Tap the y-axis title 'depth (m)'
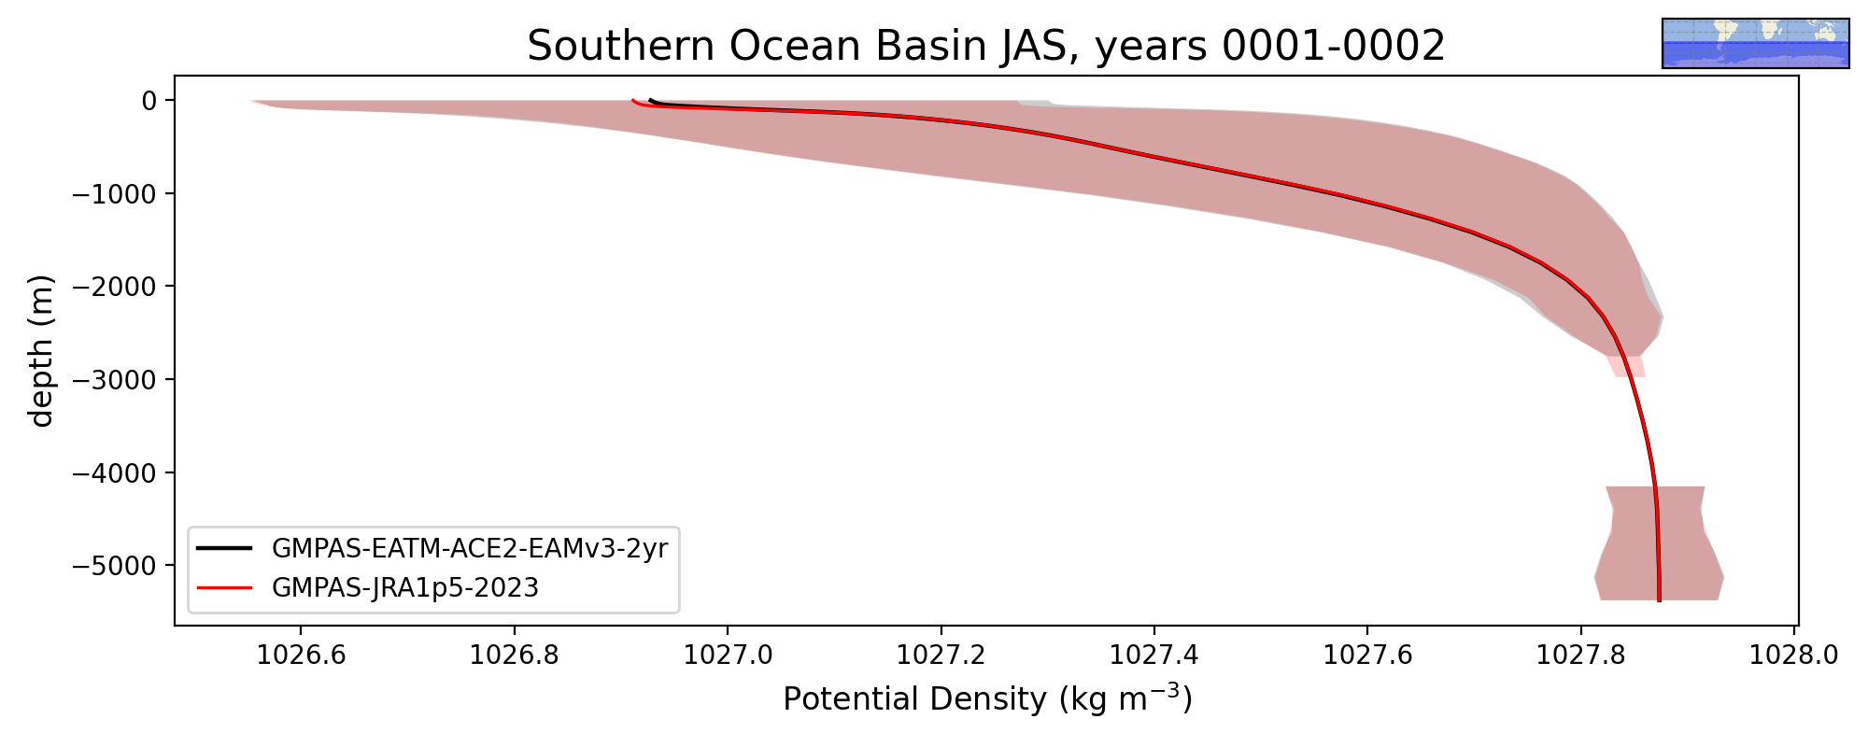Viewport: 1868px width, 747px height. (41, 351)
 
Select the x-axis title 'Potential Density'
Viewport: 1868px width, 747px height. (915, 699)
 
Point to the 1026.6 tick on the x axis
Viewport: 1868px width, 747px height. (301, 655)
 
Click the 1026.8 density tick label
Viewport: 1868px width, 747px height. (514, 655)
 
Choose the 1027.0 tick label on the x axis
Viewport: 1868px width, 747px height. (728, 655)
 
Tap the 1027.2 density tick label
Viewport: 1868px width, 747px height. (941, 655)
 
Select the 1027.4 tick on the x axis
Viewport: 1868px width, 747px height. (1154, 655)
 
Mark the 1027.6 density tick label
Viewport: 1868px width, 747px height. (1367, 655)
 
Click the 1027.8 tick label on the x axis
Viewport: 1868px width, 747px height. (1581, 655)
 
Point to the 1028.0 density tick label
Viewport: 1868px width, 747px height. (1794, 655)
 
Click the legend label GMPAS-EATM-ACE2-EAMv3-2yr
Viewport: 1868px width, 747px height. (470, 548)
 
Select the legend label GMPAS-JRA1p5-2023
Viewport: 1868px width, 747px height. (405, 587)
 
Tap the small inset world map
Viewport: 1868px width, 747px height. (1756, 43)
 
